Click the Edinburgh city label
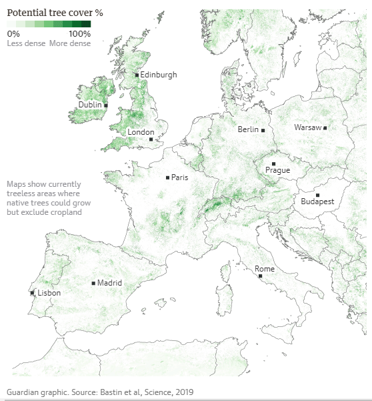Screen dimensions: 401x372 (159, 75)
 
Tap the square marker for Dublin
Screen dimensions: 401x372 (105, 105)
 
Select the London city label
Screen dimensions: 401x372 (141, 132)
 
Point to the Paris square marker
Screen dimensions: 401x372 (167, 177)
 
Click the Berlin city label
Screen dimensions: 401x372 (248, 130)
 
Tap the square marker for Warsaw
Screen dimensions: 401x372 (325, 127)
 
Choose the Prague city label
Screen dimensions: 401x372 (277, 170)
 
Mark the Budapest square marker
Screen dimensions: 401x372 (317, 195)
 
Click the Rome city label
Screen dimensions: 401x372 (265, 269)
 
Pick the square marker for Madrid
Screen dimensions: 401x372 (93, 283)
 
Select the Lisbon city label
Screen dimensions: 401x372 (49, 293)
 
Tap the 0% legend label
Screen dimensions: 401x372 (13, 33)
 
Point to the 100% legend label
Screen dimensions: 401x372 (79, 33)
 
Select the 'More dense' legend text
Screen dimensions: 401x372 (70, 43)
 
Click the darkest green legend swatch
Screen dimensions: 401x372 (86, 24)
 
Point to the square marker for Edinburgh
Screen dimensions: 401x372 (137, 75)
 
